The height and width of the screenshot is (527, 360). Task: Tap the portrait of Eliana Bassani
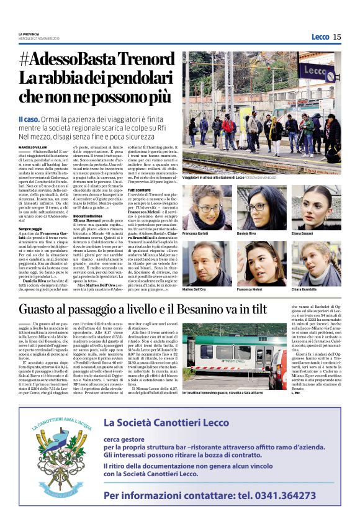tap(315, 206)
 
